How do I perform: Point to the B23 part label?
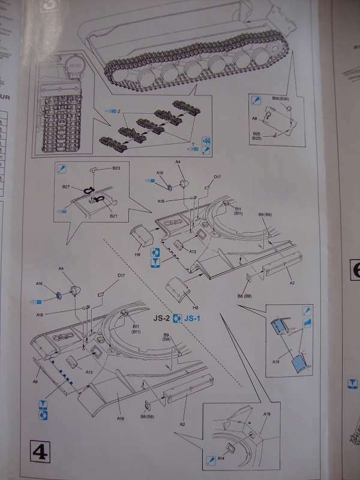pos(116,169)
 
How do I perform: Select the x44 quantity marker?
pos(206,140)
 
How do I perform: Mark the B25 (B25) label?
pos(256,136)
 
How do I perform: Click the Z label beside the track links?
pos(120,112)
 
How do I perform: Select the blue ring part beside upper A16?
pos(170,188)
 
